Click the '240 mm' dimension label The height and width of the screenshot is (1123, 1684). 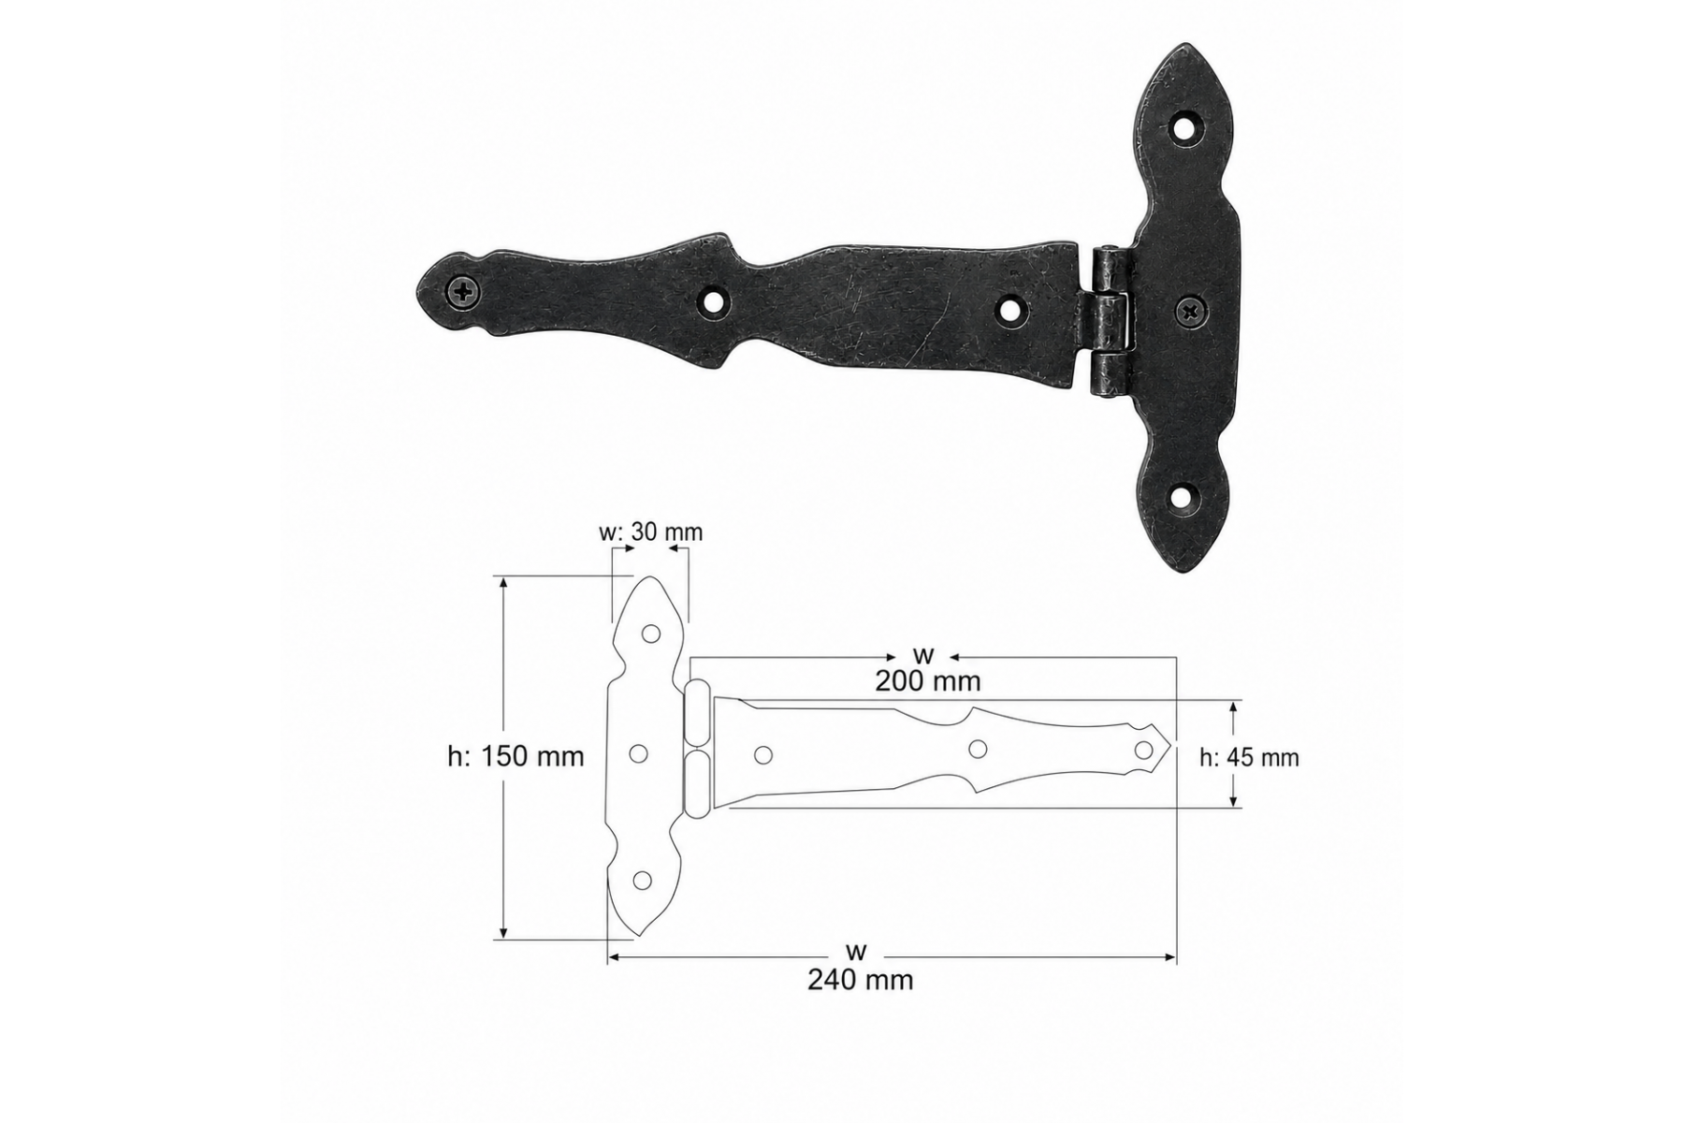(x=860, y=980)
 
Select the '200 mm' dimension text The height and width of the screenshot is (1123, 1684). (x=928, y=681)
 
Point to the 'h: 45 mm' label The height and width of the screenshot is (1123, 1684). (x=1250, y=757)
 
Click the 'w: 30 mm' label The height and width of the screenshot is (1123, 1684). (x=650, y=532)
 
